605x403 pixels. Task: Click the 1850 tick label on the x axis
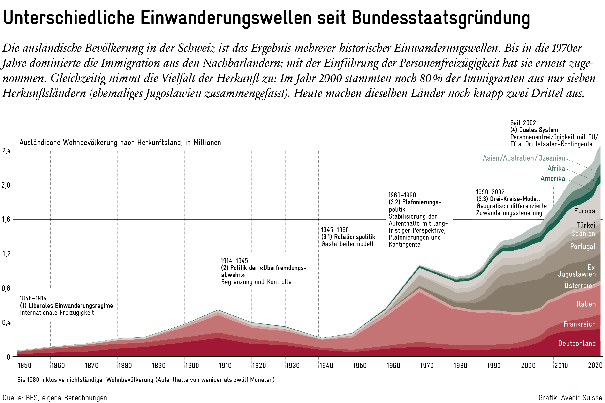pyautogui.click(x=24, y=366)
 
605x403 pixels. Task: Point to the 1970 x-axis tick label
pyautogui.click(x=427, y=366)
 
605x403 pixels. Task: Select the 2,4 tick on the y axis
pyautogui.click(x=7, y=151)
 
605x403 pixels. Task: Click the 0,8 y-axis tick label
pyautogui.click(x=7, y=288)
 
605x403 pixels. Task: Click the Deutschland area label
pyautogui.click(x=577, y=343)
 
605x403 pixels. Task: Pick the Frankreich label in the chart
pyautogui.click(x=579, y=324)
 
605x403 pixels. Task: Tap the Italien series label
pyautogui.click(x=586, y=304)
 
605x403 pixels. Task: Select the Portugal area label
pyautogui.click(x=583, y=247)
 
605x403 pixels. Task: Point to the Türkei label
pyautogui.click(x=586, y=225)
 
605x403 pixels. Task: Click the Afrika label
pyautogui.click(x=556, y=168)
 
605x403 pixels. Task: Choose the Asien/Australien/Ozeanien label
pyautogui.click(x=524, y=158)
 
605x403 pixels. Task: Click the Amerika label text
pyautogui.click(x=552, y=179)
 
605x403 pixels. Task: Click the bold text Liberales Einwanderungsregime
pyautogui.click(x=70, y=306)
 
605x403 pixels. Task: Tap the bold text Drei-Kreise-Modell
pyautogui.click(x=515, y=199)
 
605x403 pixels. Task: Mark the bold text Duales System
pyautogui.click(x=538, y=130)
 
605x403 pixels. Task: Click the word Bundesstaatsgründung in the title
pyautogui.click(x=441, y=18)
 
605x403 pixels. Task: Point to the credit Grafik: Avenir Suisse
pyautogui.click(x=570, y=398)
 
